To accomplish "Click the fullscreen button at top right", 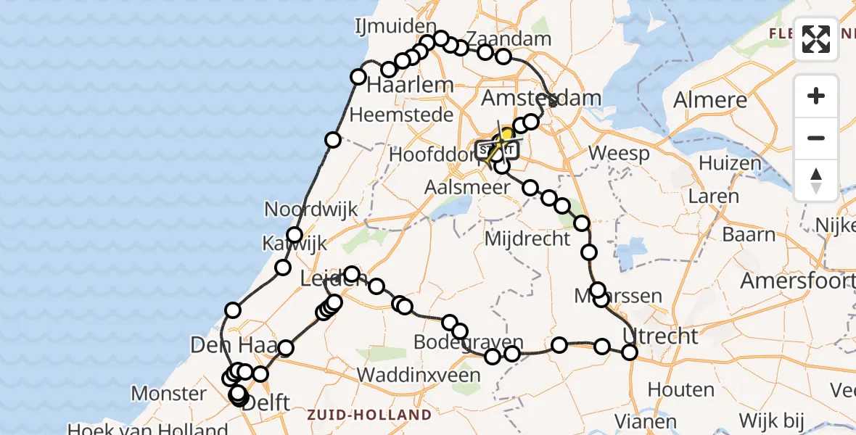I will [x=816, y=38].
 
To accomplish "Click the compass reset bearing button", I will [x=816, y=179].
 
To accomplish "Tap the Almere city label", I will [x=710, y=100].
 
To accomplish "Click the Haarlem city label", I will [x=410, y=85].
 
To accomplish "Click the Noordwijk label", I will [x=311, y=210].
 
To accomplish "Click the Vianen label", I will [x=635, y=420].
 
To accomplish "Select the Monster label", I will [x=169, y=394].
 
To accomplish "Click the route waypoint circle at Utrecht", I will [x=630, y=352].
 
